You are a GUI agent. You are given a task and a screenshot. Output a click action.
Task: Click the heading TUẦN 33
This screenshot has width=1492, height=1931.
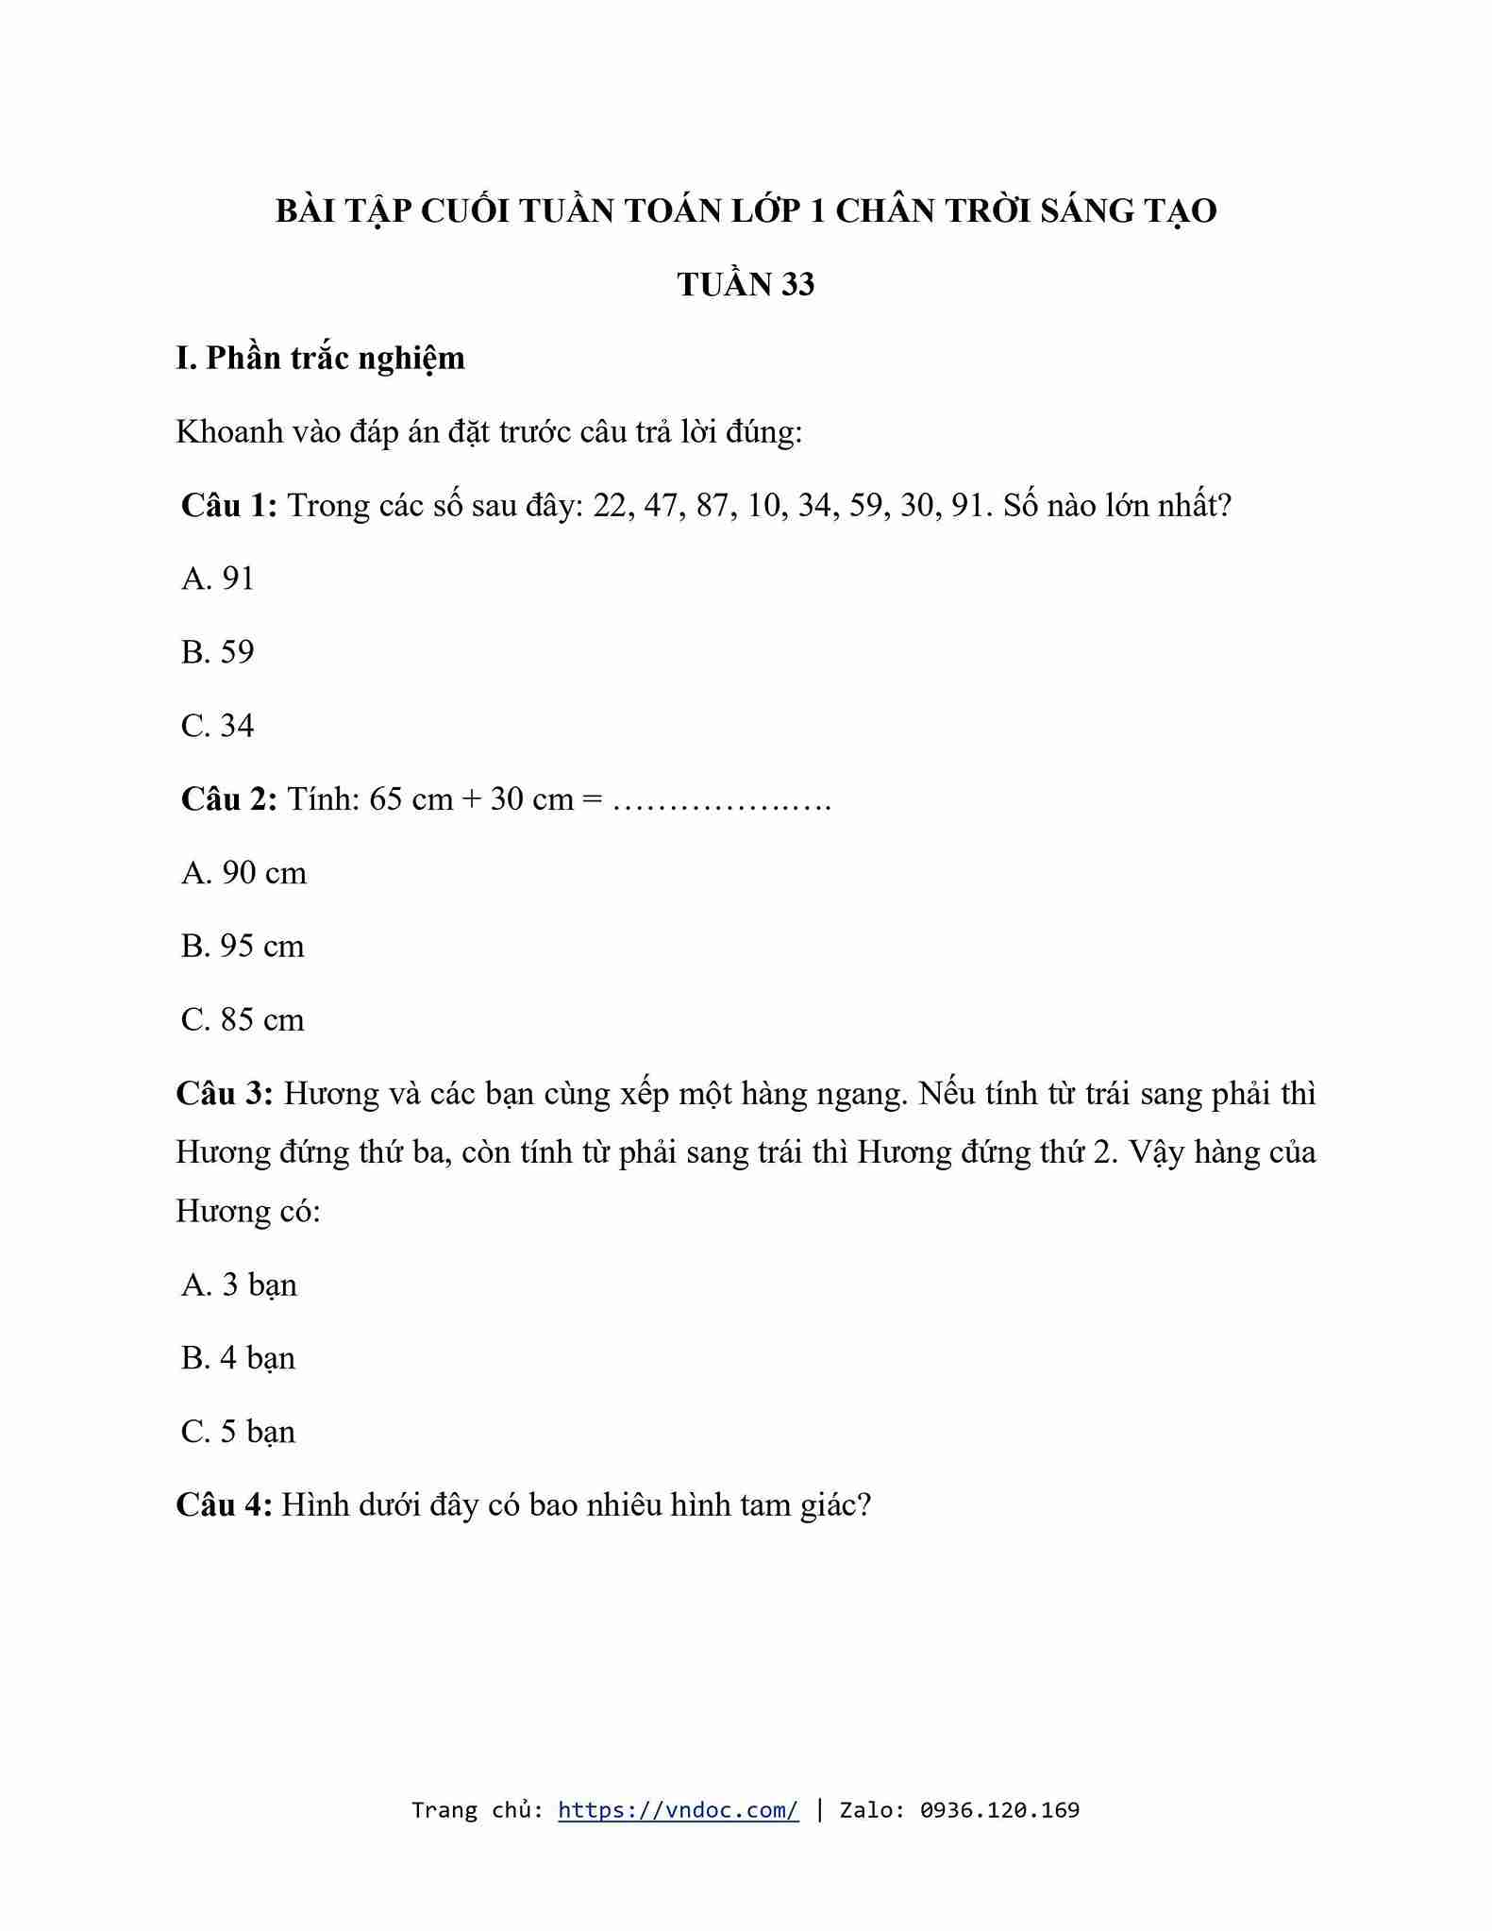pos(746,284)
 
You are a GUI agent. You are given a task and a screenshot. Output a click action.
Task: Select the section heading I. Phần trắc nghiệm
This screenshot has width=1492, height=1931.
pos(320,359)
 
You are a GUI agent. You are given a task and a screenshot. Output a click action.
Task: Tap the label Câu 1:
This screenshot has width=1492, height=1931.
pos(228,506)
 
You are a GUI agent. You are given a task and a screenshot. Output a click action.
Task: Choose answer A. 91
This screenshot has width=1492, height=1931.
pos(218,579)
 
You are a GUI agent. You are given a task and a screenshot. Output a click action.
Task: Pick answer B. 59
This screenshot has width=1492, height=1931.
pos(218,652)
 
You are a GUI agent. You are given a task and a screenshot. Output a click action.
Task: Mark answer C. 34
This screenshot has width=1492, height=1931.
pos(218,726)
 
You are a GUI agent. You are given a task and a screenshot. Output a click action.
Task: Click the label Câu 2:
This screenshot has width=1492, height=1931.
pos(228,799)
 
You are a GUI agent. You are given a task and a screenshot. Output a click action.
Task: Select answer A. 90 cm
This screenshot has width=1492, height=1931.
pos(243,873)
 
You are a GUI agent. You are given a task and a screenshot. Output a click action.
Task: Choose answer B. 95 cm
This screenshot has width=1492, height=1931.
pos(243,947)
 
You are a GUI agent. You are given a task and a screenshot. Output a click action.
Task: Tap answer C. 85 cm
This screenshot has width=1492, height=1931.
pos(243,1020)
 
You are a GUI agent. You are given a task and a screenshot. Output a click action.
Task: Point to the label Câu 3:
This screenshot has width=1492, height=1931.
pos(225,1094)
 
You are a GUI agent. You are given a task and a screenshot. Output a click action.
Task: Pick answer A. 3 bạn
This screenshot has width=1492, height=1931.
pos(239,1285)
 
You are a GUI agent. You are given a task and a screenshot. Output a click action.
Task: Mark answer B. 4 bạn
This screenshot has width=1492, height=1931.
pos(238,1358)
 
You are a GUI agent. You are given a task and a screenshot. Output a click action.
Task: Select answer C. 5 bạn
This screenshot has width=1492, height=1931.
pos(238,1432)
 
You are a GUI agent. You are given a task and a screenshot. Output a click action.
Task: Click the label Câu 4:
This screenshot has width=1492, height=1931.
pos(225,1504)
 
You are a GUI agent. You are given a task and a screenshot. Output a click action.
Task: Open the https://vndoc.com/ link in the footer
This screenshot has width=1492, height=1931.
pos(678,1810)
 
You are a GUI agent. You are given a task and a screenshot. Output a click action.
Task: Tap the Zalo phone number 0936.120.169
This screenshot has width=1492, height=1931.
pos(999,1810)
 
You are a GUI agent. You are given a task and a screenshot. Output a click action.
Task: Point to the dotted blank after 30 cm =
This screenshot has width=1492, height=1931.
pos(722,802)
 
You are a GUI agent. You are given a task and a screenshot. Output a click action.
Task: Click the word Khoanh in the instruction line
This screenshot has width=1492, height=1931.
pos(229,432)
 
